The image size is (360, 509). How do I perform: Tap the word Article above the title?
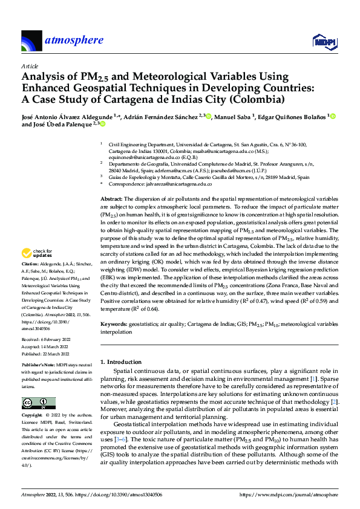[x=29, y=66]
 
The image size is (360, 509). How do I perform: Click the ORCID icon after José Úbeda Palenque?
[x=103, y=125]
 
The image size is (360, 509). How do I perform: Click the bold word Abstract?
[x=111, y=199]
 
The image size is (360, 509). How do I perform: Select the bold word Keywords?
[x=113, y=324]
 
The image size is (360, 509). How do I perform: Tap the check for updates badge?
[x=37, y=253]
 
